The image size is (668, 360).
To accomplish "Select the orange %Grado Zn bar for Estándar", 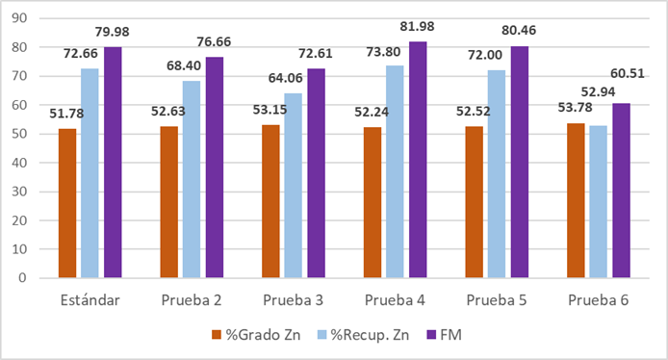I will click(67, 203).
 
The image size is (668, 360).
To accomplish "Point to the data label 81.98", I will click(420, 29).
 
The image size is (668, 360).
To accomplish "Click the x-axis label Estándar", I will click(90, 300).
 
